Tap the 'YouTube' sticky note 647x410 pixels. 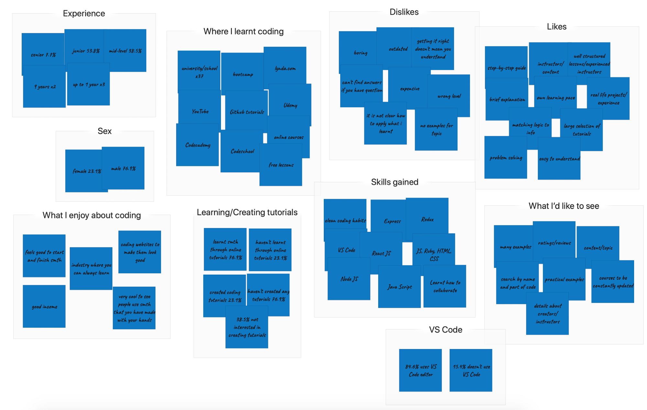click(200, 111)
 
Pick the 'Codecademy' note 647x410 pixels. click(197, 145)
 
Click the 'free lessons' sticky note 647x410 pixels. click(281, 165)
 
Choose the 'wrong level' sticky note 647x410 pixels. click(449, 96)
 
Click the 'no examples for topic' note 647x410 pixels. click(436, 130)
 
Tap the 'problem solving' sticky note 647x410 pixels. click(506, 158)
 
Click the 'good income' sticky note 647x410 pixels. click(44, 306)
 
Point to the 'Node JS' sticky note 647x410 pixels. click(349, 279)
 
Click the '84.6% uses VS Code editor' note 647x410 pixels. click(421, 370)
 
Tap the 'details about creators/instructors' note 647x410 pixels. click(547, 313)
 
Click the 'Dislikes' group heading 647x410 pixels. click(404, 12)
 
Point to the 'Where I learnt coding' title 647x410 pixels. click(243, 31)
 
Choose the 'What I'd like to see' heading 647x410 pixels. click(564, 206)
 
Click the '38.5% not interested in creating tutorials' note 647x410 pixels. click(247, 327)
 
